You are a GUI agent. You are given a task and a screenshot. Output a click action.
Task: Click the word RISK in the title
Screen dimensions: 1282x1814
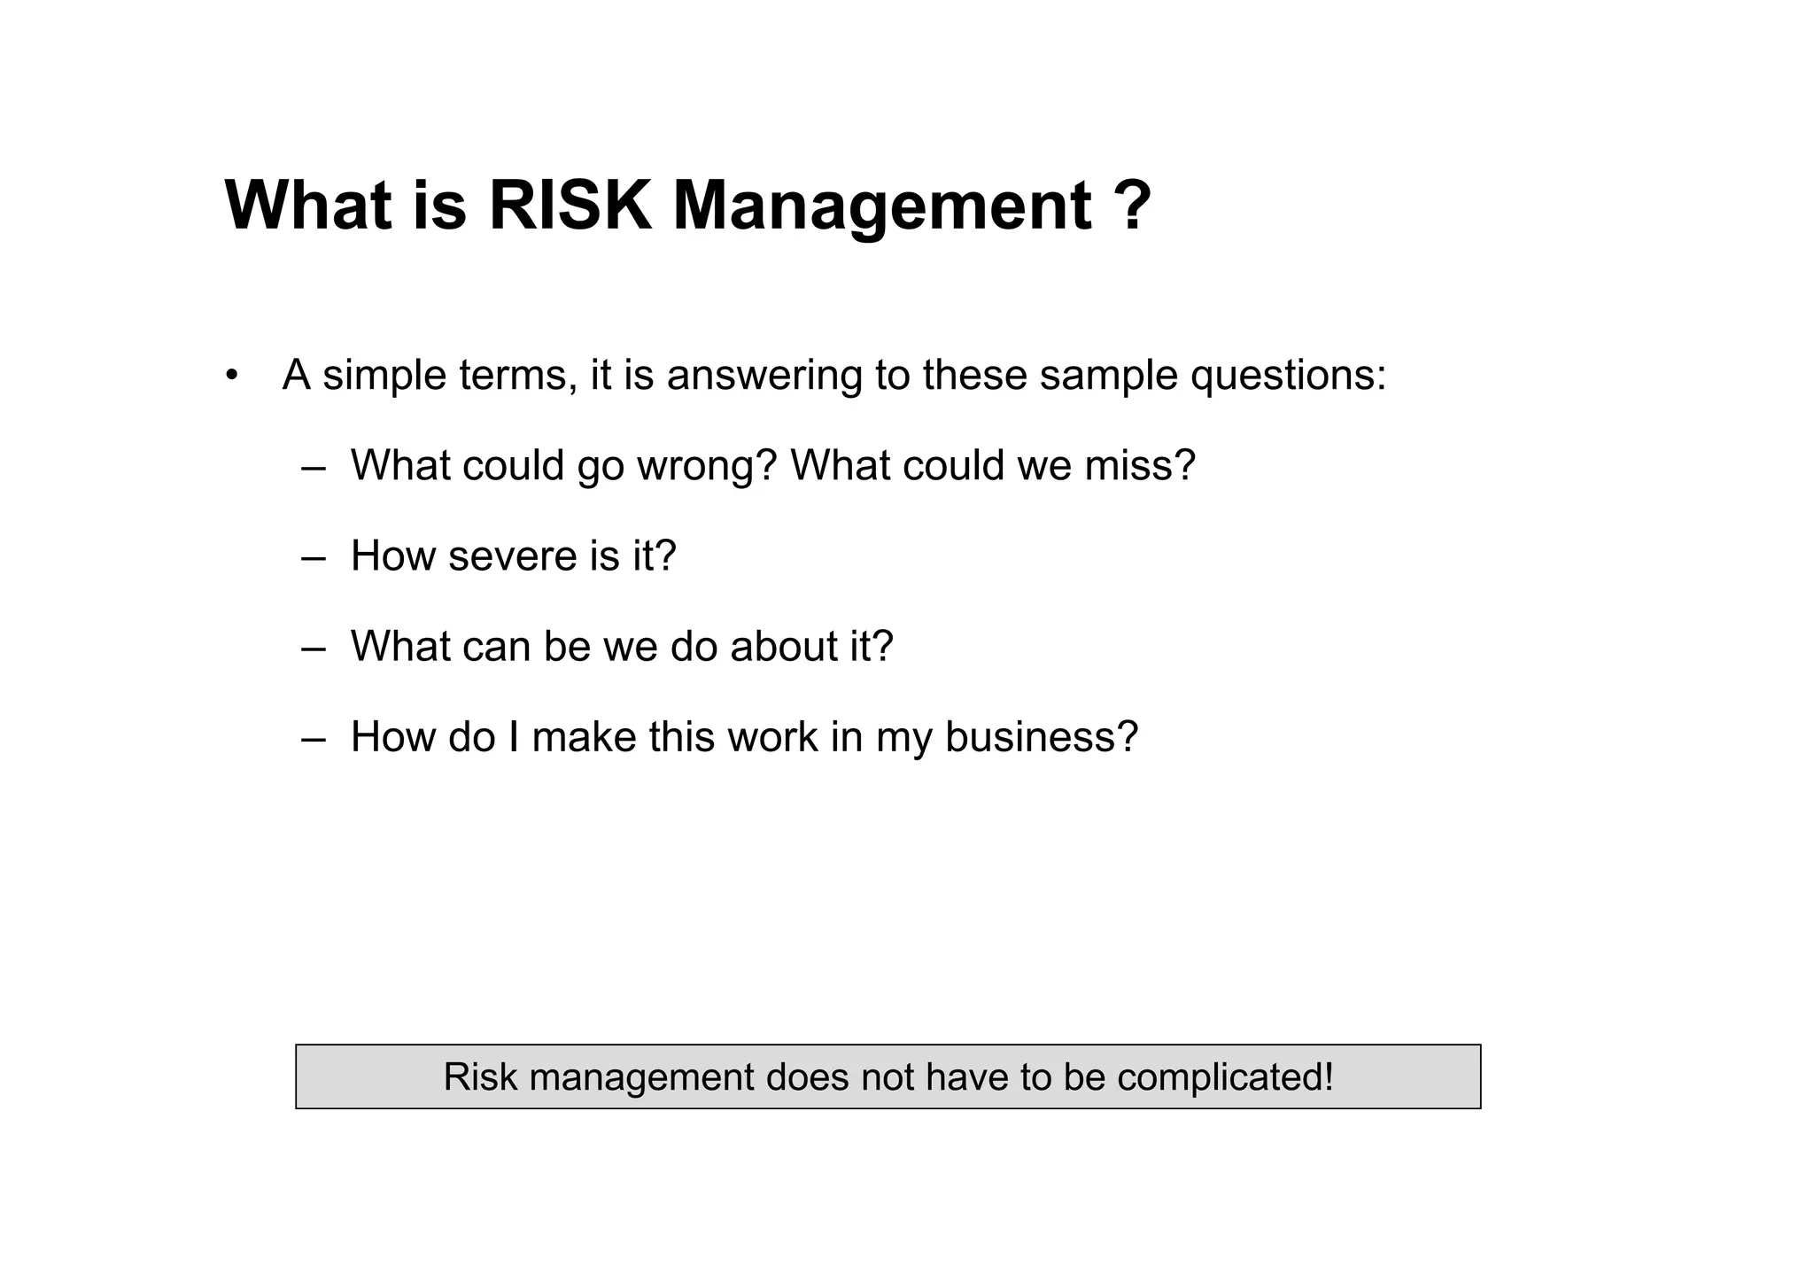[x=570, y=206]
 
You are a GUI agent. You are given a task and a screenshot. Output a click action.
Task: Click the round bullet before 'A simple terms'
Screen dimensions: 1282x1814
[x=232, y=374]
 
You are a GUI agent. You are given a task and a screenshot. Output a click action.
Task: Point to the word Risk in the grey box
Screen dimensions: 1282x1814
[x=480, y=1076]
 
